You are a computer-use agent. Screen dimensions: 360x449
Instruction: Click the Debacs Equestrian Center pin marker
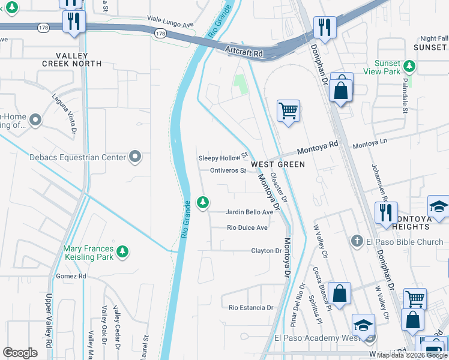[x=136, y=157]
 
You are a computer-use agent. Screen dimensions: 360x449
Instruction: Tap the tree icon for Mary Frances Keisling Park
[x=122, y=250]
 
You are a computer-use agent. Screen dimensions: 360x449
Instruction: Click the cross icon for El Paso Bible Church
[x=357, y=241]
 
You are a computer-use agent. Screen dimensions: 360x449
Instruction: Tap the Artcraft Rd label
[x=244, y=53]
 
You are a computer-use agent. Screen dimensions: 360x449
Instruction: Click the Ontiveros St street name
[x=228, y=170]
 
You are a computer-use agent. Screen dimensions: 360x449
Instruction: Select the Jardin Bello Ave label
[x=249, y=212]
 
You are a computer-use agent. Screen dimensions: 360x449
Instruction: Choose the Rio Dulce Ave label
[x=247, y=227]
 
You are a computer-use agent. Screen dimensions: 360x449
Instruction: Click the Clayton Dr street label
[x=266, y=251]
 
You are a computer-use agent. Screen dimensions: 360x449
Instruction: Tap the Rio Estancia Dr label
[x=251, y=307]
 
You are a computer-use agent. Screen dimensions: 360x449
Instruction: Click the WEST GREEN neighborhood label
[x=277, y=164]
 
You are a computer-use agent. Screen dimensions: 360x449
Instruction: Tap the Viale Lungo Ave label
[x=172, y=25]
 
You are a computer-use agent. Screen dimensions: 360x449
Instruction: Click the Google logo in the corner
[x=20, y=352]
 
